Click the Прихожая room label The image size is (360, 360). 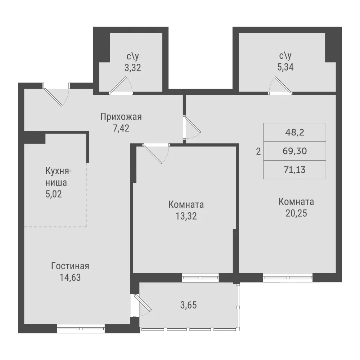pos(121,117)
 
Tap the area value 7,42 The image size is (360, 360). pos(121,128)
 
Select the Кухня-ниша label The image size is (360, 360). pos(58,177)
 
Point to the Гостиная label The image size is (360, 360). pos(70,266)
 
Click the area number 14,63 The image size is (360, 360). pos(70,277)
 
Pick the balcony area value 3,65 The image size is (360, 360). pos(189,305)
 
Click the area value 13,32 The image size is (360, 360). pos(186,216)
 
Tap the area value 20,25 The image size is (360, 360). pos(296,213)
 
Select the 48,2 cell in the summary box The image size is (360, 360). pos(295,132)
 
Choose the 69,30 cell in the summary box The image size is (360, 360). pos(295,151)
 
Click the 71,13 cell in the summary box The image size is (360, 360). pos(295,170)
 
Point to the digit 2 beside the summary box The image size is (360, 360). pos(258,152)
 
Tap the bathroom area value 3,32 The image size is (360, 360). pos(133,68)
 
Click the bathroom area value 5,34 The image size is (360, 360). pos(285,67)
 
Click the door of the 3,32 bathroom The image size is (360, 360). pos(121,85)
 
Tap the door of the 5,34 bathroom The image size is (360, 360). pos(280,85)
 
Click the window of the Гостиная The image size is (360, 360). pos(81,328)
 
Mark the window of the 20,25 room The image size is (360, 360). pos(288,277)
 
